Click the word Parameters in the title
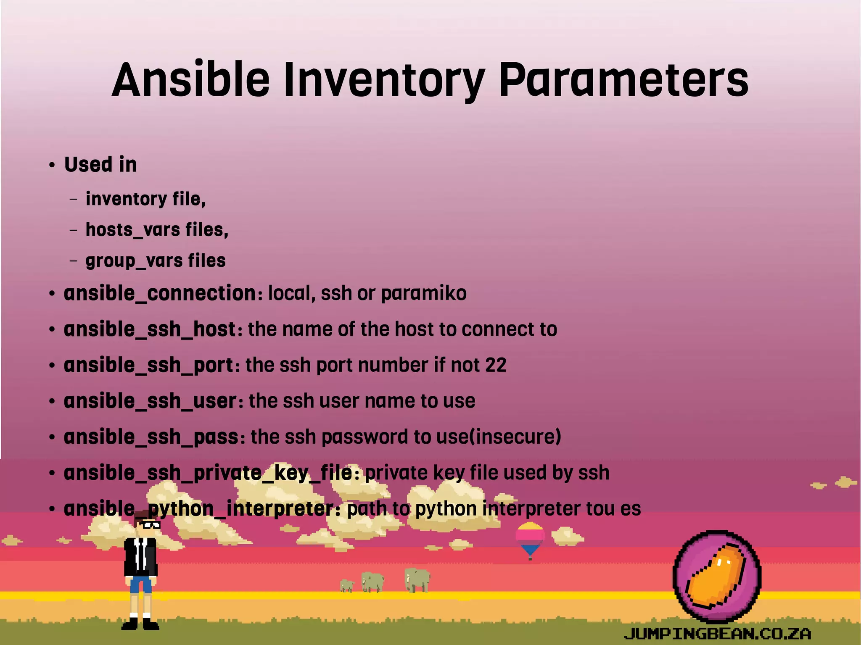(623, 80)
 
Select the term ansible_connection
(160, 293)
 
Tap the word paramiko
(423, 293)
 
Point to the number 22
(496, 365)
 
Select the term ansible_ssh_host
(150, 329)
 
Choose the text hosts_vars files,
(157, 230)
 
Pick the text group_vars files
(156, 261)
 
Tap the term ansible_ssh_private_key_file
(208, 473)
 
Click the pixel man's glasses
(150, 524)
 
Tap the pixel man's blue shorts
(140, 584)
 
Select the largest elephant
(417, 580)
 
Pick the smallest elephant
(347, 585)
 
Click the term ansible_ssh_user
(150, 401)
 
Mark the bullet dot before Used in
(52, 165)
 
